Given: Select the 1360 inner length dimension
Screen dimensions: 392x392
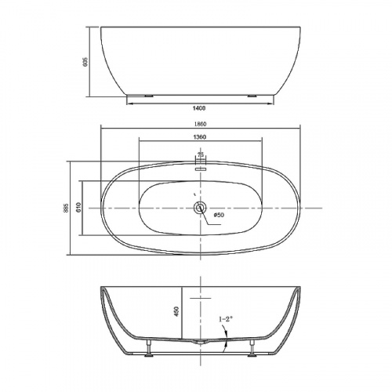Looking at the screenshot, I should click(x=201, y=137).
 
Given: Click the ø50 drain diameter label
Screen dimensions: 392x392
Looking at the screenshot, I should click(x=219, y=215).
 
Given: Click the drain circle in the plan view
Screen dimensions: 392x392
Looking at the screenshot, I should click(x=201, y=208).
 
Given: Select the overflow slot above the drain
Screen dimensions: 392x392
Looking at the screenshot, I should click(x=201, y=166).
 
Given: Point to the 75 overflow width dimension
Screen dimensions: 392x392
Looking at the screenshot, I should click(x=201, y=155).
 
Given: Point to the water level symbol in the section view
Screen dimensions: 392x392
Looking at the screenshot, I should click(x=201, y=299).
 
